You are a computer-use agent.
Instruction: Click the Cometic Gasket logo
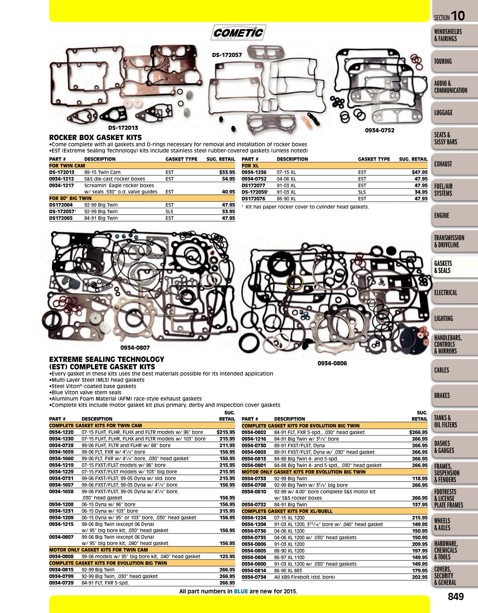[238, 32]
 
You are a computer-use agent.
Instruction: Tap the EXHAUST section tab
[455, 164]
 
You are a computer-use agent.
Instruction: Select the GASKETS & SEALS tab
[455, 267]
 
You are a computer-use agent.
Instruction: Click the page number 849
[456, 596]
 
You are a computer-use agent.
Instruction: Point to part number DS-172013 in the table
[62, 172]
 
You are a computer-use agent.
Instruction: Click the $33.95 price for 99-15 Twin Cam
[227, 172]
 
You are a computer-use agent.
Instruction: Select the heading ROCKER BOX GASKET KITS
[96, 137]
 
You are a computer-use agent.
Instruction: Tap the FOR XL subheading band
[335, 166]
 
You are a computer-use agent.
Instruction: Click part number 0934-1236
[254, 172]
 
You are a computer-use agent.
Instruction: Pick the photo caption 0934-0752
[380, 130]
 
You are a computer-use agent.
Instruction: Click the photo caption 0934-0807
[135, 348]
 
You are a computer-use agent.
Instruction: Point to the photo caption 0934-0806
[332, 363]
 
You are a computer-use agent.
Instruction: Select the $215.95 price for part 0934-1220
[226, 432]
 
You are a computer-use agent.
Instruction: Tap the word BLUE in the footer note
[241, 591]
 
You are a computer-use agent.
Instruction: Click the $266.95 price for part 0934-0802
[418, 432]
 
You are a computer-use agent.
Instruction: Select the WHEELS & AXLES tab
[455, 524]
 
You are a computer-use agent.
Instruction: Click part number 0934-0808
[61, 556]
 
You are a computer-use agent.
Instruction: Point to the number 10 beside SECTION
[458, 16]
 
